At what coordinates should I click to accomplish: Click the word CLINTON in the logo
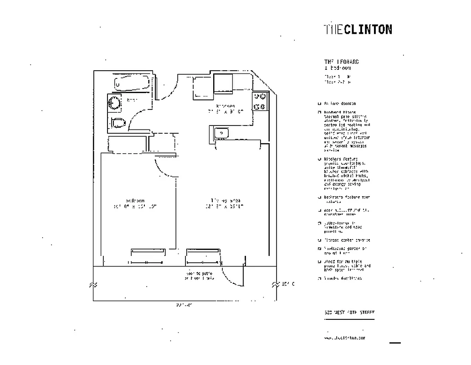click(368, 29)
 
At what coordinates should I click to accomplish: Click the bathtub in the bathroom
click(131, 84)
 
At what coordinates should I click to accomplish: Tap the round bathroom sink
click(114, 104)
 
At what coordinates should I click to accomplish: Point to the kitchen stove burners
click(260, 101)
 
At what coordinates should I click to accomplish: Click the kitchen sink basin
click(222, 133)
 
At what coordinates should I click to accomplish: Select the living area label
click(225, 200)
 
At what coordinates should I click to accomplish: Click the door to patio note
click(198, 275)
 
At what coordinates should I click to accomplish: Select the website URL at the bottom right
click(344, 338)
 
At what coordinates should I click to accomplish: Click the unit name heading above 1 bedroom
click(341, 62)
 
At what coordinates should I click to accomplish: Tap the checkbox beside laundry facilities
click(320, 278)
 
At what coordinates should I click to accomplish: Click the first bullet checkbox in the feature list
click(320, 104)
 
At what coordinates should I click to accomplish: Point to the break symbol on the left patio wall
click(94, 284)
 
